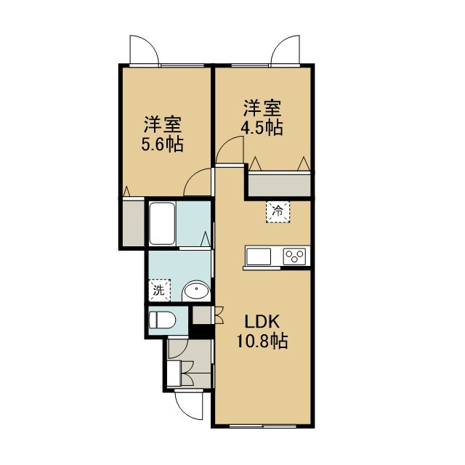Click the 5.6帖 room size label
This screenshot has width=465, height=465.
tap(162, 145)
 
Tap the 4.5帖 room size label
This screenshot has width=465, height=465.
tap(262, 128)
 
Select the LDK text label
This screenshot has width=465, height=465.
tap(262, 321)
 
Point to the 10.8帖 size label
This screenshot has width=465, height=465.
tap(262, 340)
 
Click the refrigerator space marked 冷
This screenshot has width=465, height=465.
tap(278, 211)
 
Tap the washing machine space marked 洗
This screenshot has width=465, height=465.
tap(159, 290)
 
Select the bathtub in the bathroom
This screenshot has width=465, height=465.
tap(162, 224)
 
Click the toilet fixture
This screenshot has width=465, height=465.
tap(162, 320)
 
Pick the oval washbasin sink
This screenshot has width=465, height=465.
tap(196, 291)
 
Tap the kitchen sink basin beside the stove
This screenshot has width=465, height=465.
tap(259, 256)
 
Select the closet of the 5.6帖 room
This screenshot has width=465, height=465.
tap(133, 223)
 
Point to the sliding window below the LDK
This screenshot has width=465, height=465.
tap(263, 426)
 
